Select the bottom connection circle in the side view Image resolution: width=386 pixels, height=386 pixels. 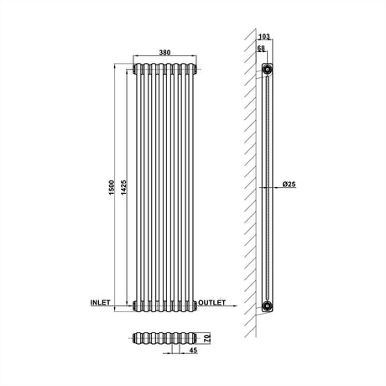tap(266, 305)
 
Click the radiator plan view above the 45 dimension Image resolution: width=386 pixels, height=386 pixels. tap(164, 340)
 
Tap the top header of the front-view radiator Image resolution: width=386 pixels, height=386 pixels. tap(164, 66)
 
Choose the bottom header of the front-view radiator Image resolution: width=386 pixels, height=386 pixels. tap(164, 305)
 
